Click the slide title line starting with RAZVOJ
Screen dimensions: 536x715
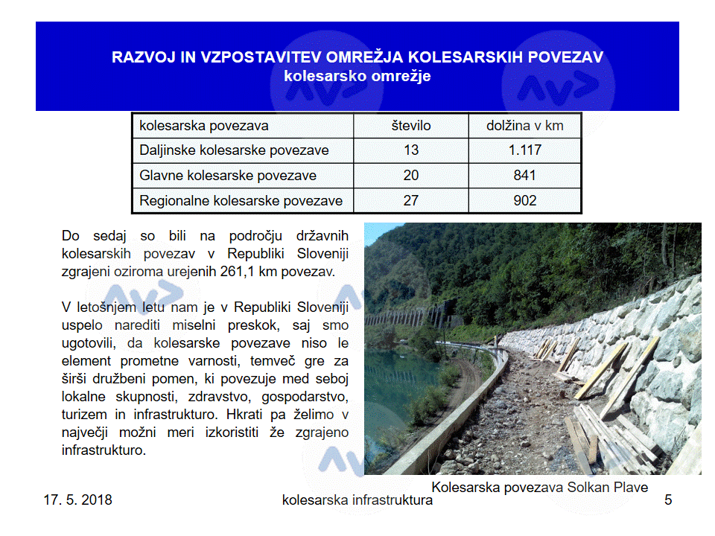click(x=357, y=57)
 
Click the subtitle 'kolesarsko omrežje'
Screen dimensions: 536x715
click(x=357, y=76)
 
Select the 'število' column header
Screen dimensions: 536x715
click(x=411, y=126)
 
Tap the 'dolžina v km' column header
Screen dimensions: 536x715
click(x=525, y=126)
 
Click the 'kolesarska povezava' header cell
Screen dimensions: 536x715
click(x=204, y=126)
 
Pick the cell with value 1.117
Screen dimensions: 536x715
click(x=525, y=150)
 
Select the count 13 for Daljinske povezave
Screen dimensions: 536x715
click(x=411, y=150)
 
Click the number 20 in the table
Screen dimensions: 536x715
click(x=411, y=176)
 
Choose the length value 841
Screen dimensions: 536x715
click(x=525, y=176)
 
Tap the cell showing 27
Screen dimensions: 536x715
click(x=411, y=200)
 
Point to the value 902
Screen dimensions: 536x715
click(x=525, y=200)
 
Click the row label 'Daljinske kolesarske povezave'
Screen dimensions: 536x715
click(x=234, y=150)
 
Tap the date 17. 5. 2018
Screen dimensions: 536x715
click(x=77, y=500)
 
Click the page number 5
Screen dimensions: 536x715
click(x=668, y=500)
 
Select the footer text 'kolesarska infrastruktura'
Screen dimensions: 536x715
click(x=357, y=500)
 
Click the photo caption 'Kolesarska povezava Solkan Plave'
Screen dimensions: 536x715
click(x=540, y=488)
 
